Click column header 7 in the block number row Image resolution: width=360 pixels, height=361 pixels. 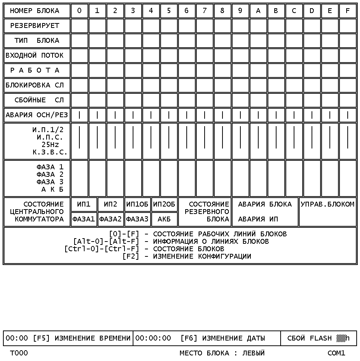[205, 11]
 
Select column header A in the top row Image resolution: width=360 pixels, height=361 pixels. [258, 11]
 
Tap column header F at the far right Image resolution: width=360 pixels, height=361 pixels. [348, 11]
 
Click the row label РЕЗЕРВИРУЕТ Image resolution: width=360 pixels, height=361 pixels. [35, 26]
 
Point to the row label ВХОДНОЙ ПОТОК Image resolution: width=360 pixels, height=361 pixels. [35, 55]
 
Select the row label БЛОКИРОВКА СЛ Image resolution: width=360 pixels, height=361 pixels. [35, 85]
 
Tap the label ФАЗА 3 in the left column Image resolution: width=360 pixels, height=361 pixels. [50, 182]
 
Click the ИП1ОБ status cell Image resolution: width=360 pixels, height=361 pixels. [138, 204]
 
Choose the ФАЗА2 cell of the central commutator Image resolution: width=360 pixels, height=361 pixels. [111, 219]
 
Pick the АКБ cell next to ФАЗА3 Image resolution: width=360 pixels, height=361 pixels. [164, 219]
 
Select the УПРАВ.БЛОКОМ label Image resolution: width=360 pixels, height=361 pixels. [327, 204]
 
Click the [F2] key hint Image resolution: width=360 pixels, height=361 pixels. [130, 256]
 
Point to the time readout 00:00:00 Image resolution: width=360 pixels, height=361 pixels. [153, 338]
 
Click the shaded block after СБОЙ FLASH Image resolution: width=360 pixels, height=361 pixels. [341, 338]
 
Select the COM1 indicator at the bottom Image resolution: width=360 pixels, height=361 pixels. [337, 353]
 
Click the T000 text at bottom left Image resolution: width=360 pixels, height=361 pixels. [19, 353]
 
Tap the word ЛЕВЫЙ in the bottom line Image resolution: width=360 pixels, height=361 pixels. [253, 353]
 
